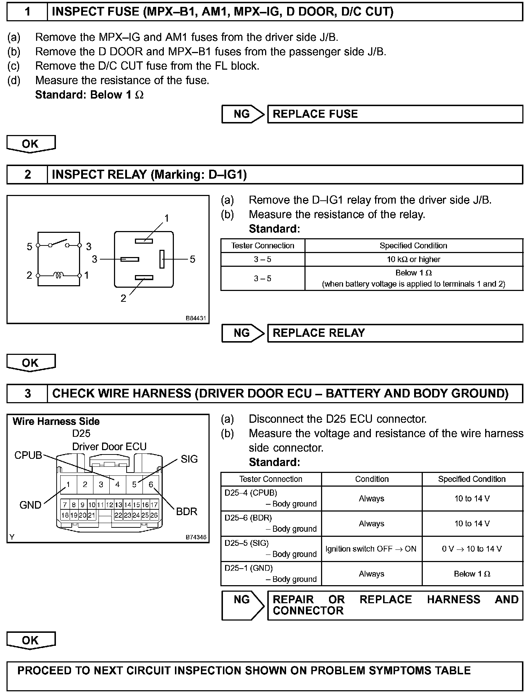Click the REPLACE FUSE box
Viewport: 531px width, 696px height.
395,114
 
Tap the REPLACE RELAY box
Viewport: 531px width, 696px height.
395,333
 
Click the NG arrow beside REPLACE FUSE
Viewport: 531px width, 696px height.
243,114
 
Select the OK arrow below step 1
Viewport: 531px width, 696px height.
31,144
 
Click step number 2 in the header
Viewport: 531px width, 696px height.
27,175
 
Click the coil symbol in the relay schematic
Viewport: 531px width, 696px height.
59,275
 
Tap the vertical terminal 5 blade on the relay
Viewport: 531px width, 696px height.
162,259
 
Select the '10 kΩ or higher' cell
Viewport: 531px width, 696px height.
413,259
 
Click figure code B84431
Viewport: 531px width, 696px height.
196,318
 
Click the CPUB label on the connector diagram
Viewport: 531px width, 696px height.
28,455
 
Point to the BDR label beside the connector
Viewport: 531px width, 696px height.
186,512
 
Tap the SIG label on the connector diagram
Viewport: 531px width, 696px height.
189,459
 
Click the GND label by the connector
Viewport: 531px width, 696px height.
30,505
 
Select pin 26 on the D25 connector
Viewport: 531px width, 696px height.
154,515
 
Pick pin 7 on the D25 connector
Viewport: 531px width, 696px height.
65,505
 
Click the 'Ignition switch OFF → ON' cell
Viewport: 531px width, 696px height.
371,549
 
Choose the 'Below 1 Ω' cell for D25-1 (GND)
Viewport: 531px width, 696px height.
472,574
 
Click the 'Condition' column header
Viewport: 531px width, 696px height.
372,479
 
